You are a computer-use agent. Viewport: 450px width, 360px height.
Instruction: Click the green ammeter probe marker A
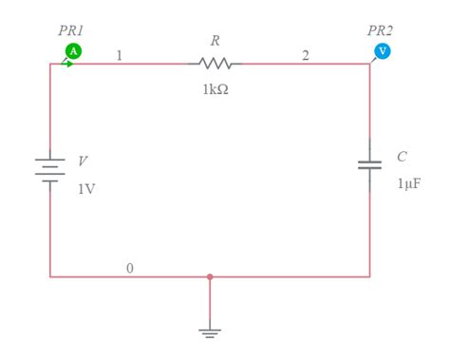(x=72, y=50)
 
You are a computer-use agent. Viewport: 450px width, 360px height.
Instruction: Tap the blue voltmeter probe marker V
(x=382, y=50)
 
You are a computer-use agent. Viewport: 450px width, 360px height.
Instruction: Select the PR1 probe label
(x=71, y=30)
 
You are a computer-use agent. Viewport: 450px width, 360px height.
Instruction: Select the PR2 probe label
(x=381, y=30)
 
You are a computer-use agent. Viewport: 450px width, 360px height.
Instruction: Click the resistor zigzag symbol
(x=216, y=64)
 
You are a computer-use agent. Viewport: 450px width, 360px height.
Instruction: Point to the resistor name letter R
(x=216, y=41)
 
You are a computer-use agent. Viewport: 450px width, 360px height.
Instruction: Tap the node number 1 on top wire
(x=119, y=55)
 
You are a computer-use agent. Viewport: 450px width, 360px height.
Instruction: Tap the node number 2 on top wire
(x=305, y=55)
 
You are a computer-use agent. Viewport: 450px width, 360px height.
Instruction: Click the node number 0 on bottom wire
(x=130, y=268)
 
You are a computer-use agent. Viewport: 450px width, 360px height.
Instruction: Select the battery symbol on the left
(x=50, y=170)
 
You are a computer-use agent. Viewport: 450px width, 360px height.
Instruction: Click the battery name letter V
(x=84, y=161)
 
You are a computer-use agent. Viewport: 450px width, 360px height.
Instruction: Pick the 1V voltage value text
(x=85, y=188)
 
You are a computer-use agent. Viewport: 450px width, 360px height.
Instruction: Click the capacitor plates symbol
(x=369, y=165)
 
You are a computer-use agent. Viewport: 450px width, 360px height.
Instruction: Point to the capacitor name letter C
(x=402, y=157)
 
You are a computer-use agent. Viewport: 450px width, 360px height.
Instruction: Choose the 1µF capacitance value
(x=408, y=183)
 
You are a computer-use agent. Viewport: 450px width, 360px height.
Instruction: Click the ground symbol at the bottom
(x=210, y=332)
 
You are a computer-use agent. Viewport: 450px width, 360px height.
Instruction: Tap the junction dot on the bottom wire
(x=210, y=277)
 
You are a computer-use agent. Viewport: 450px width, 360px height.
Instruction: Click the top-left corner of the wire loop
(x=50, y=64)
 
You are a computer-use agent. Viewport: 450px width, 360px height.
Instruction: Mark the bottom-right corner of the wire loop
(x=369, y=277)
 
